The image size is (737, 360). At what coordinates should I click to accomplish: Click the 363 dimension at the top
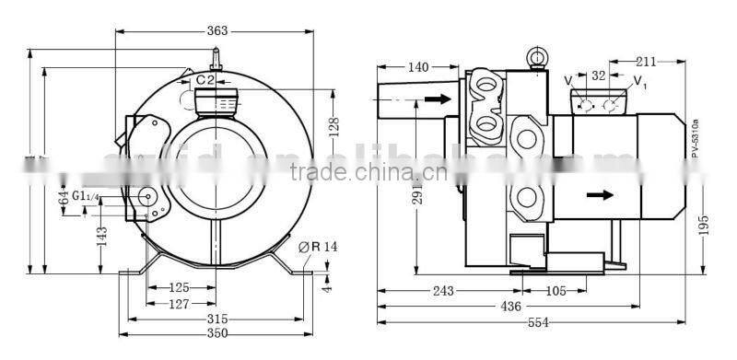coord(216,31)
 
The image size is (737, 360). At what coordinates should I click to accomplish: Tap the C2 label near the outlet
coord(205,80)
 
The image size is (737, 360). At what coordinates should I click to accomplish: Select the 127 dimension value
coord(180,304)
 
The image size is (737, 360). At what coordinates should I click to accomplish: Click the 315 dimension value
coord(217,319)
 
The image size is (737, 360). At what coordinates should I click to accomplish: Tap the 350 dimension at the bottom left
coord(217,333)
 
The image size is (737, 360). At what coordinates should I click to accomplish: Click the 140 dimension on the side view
coord(417,67)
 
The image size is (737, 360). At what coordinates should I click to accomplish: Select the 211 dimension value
coord(645,62)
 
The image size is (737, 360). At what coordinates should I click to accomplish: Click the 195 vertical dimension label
coord(704,224)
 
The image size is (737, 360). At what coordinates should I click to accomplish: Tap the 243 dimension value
coord(443,291)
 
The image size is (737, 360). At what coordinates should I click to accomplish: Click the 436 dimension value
coord(510,306)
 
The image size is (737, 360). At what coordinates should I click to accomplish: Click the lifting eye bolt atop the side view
coord(534,57)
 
